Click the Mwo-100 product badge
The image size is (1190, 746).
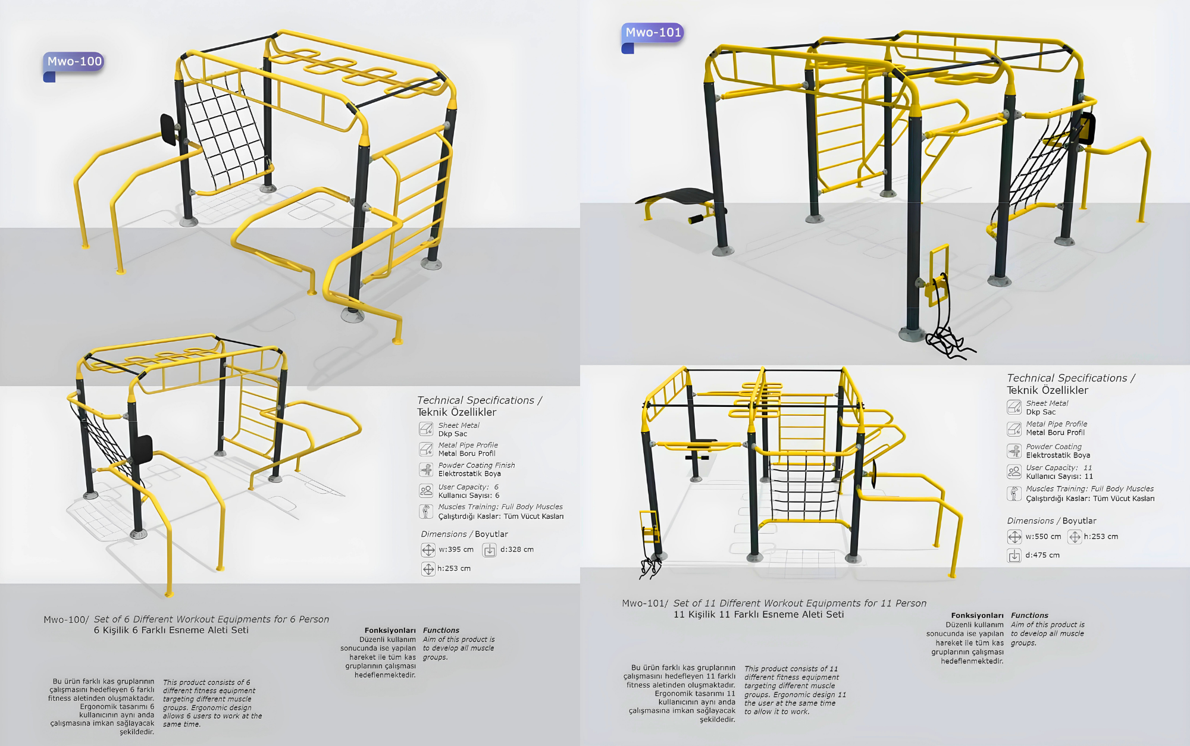point(74,61)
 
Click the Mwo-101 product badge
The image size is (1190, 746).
point(653,32)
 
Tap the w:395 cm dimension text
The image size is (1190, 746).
point(456,550)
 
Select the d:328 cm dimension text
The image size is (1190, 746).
point(516,550)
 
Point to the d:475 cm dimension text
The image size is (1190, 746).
point(1042,555)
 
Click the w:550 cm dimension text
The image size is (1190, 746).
point(1043,537)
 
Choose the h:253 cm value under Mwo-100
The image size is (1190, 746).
point(453,569)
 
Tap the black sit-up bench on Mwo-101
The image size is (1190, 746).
point(678,197)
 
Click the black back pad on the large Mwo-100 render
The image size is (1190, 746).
point(168,129)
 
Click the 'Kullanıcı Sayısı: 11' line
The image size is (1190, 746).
point(1059,477)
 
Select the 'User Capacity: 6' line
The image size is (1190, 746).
point(468,487)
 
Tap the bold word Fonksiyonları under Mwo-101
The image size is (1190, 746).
point(977,616)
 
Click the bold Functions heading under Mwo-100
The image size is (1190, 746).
point(441,631)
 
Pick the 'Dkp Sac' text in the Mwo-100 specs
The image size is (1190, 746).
point(453,434)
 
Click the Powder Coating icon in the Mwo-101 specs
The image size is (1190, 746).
point(1014,451)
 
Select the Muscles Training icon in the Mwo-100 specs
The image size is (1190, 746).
point(426,512)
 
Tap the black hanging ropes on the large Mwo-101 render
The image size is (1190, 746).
point(946,333)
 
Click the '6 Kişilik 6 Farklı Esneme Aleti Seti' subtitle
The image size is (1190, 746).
point(171,631)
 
